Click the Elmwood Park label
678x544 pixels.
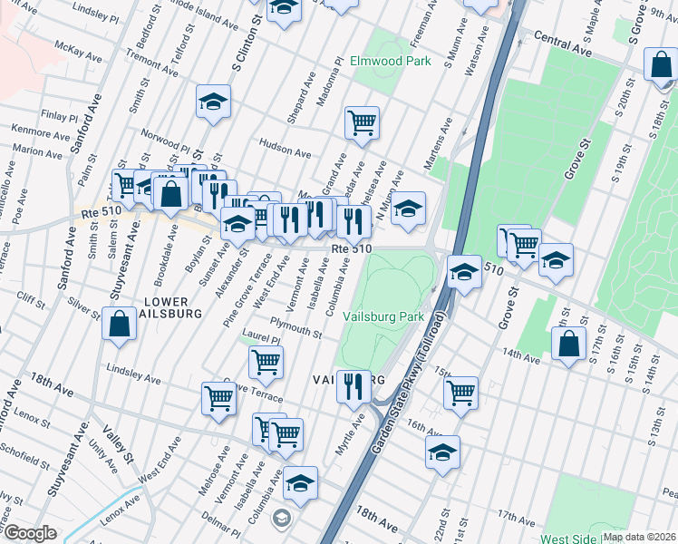391,62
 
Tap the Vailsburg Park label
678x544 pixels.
384,317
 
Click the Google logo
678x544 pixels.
30,533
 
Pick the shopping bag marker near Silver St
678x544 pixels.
120,324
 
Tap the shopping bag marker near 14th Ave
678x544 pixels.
567,344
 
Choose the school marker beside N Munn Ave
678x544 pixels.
409,208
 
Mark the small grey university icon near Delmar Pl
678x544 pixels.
282,518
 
